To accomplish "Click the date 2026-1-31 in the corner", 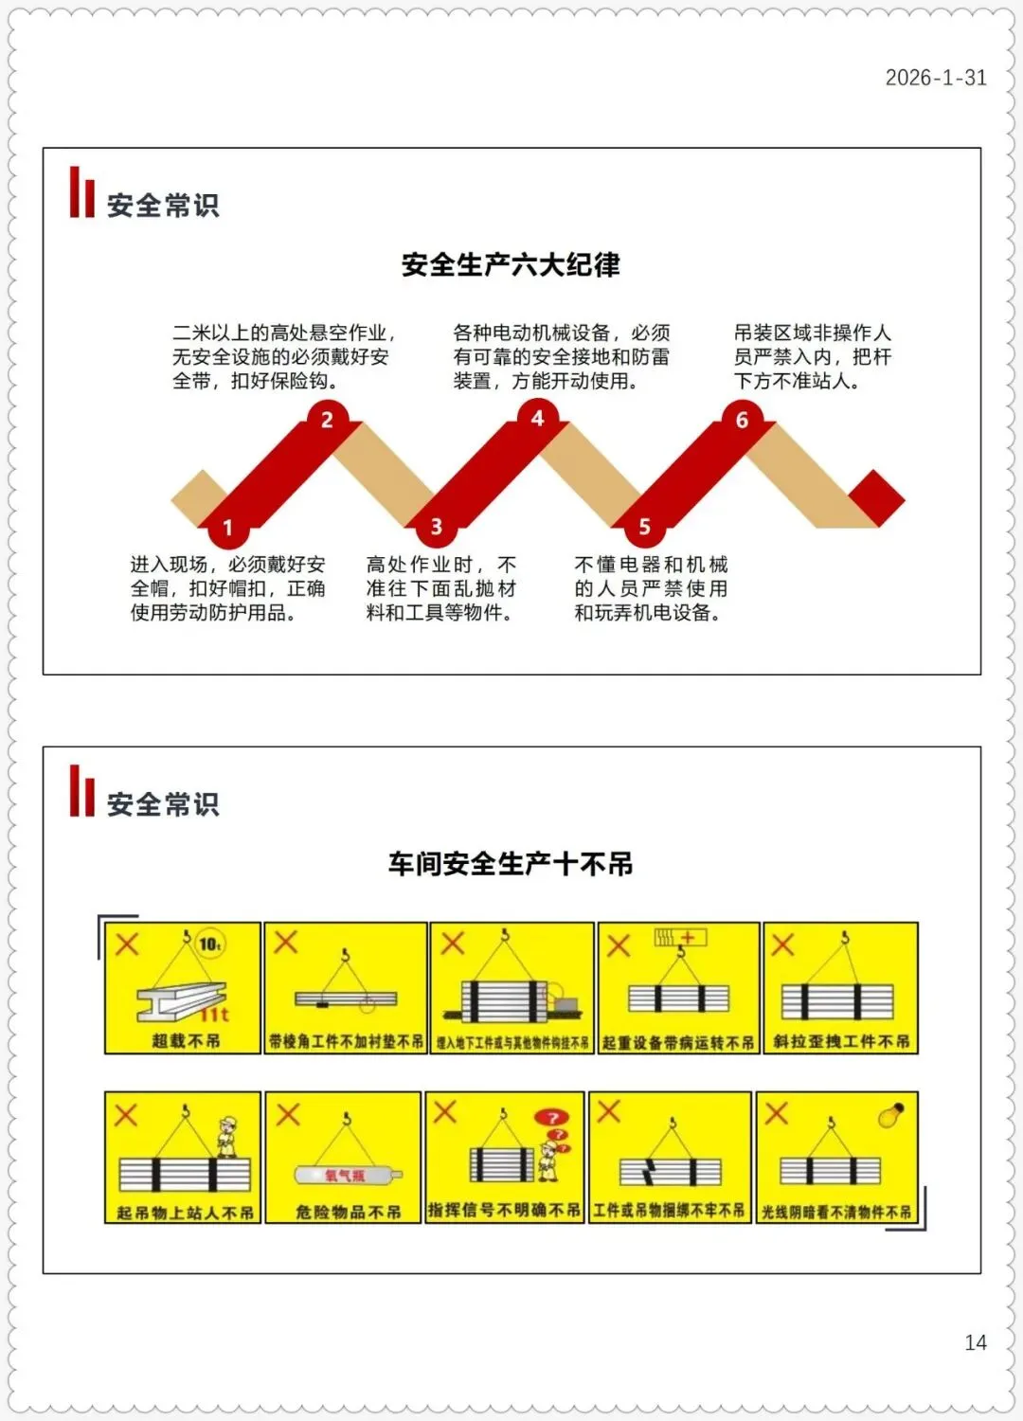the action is (x=935, y=78).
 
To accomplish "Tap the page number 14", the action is (x=975, y=1342).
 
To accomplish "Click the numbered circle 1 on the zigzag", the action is (x=227, y=528).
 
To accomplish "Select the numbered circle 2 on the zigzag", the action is (x=327, y=420).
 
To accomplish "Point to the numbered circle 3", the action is (x=436, y=527).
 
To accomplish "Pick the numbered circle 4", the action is (x=537, y=419).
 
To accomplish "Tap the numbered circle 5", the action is (x=644, y=527).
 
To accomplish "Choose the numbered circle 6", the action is (x=742, y=420).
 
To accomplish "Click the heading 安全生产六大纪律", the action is (x=511, y=264).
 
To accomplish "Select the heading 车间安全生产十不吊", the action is (x=511, y=863).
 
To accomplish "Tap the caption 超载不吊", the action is (x=186, y=1040).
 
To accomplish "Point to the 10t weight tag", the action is (x=209, y=944).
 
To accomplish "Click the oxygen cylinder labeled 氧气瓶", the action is (x=343, y=1176).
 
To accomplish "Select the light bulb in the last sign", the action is (x=890, y=1115).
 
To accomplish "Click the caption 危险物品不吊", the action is (x=348, y=1212).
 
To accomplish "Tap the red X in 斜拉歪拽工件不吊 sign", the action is (x=783, y=944).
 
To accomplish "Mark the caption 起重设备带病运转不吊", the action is (x=678, y=1042).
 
